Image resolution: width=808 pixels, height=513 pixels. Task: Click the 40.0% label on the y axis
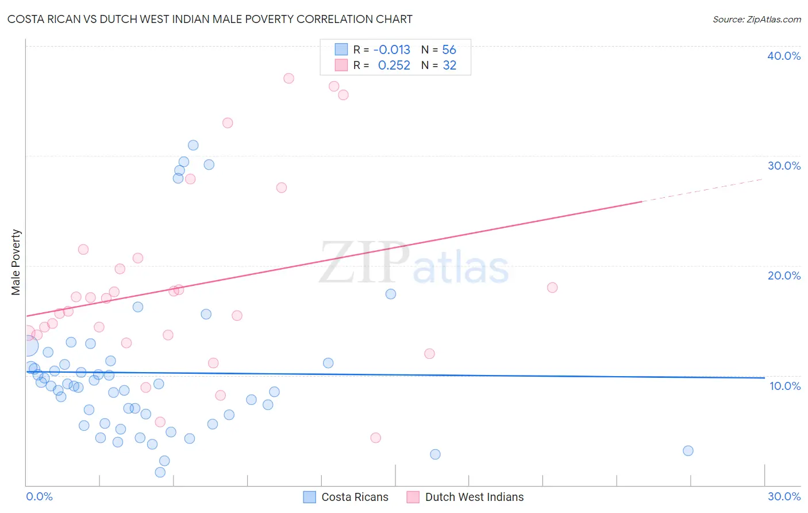784,56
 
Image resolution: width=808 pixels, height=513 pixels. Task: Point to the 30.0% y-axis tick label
784,166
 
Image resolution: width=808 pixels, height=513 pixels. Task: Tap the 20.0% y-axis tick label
784,275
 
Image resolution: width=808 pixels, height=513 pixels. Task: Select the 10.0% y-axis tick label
785,386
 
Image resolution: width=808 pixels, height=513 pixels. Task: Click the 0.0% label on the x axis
39,496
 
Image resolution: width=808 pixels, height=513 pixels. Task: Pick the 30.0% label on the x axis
784,496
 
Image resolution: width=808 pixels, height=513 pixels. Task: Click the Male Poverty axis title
16,262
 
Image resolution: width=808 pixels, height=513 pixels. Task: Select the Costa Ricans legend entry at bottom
346,497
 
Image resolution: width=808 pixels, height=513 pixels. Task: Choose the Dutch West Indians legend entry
465,497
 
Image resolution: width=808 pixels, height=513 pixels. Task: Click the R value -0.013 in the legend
391,50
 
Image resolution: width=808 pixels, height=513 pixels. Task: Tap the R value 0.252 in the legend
394,66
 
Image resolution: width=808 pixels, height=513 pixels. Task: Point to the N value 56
449,50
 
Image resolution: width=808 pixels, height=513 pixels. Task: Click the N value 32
449,66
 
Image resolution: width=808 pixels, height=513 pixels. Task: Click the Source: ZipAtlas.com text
756,20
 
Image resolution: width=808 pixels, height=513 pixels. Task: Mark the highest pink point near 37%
288,78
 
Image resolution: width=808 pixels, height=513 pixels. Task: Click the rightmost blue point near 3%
688,451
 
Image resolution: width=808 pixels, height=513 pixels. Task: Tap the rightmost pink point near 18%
552,288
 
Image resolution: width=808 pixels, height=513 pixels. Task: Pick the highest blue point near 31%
193,146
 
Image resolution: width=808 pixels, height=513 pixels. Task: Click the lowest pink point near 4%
376,438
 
